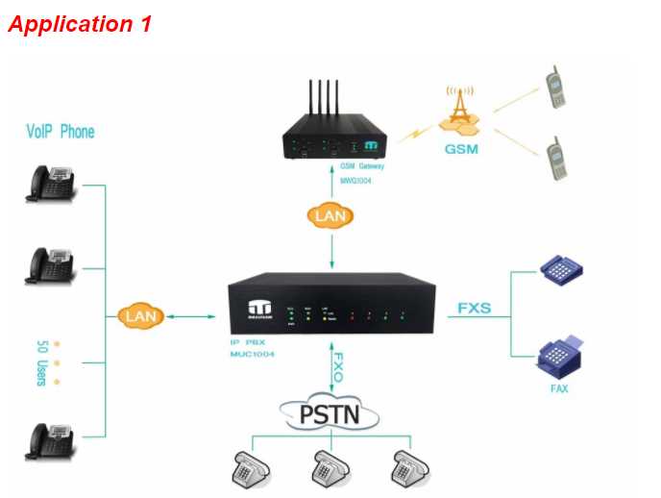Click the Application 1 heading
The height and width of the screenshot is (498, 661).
[x=80, y=24]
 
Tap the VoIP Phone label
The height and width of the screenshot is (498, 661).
[x=61, y=132]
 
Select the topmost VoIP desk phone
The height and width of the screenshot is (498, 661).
[x=51, y=183]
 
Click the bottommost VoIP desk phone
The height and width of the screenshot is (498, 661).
[x=51, y=441]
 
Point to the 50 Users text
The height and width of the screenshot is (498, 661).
[x=40, y=362]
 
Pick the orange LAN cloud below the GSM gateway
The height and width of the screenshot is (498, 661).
[x=330, y=216]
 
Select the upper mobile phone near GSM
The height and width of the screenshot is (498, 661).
[x=554, y=87]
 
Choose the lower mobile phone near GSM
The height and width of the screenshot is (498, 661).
[x=554, y=159]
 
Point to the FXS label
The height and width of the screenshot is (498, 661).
[x=475, y=310]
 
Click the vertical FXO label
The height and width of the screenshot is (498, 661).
[x=338, y=367]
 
